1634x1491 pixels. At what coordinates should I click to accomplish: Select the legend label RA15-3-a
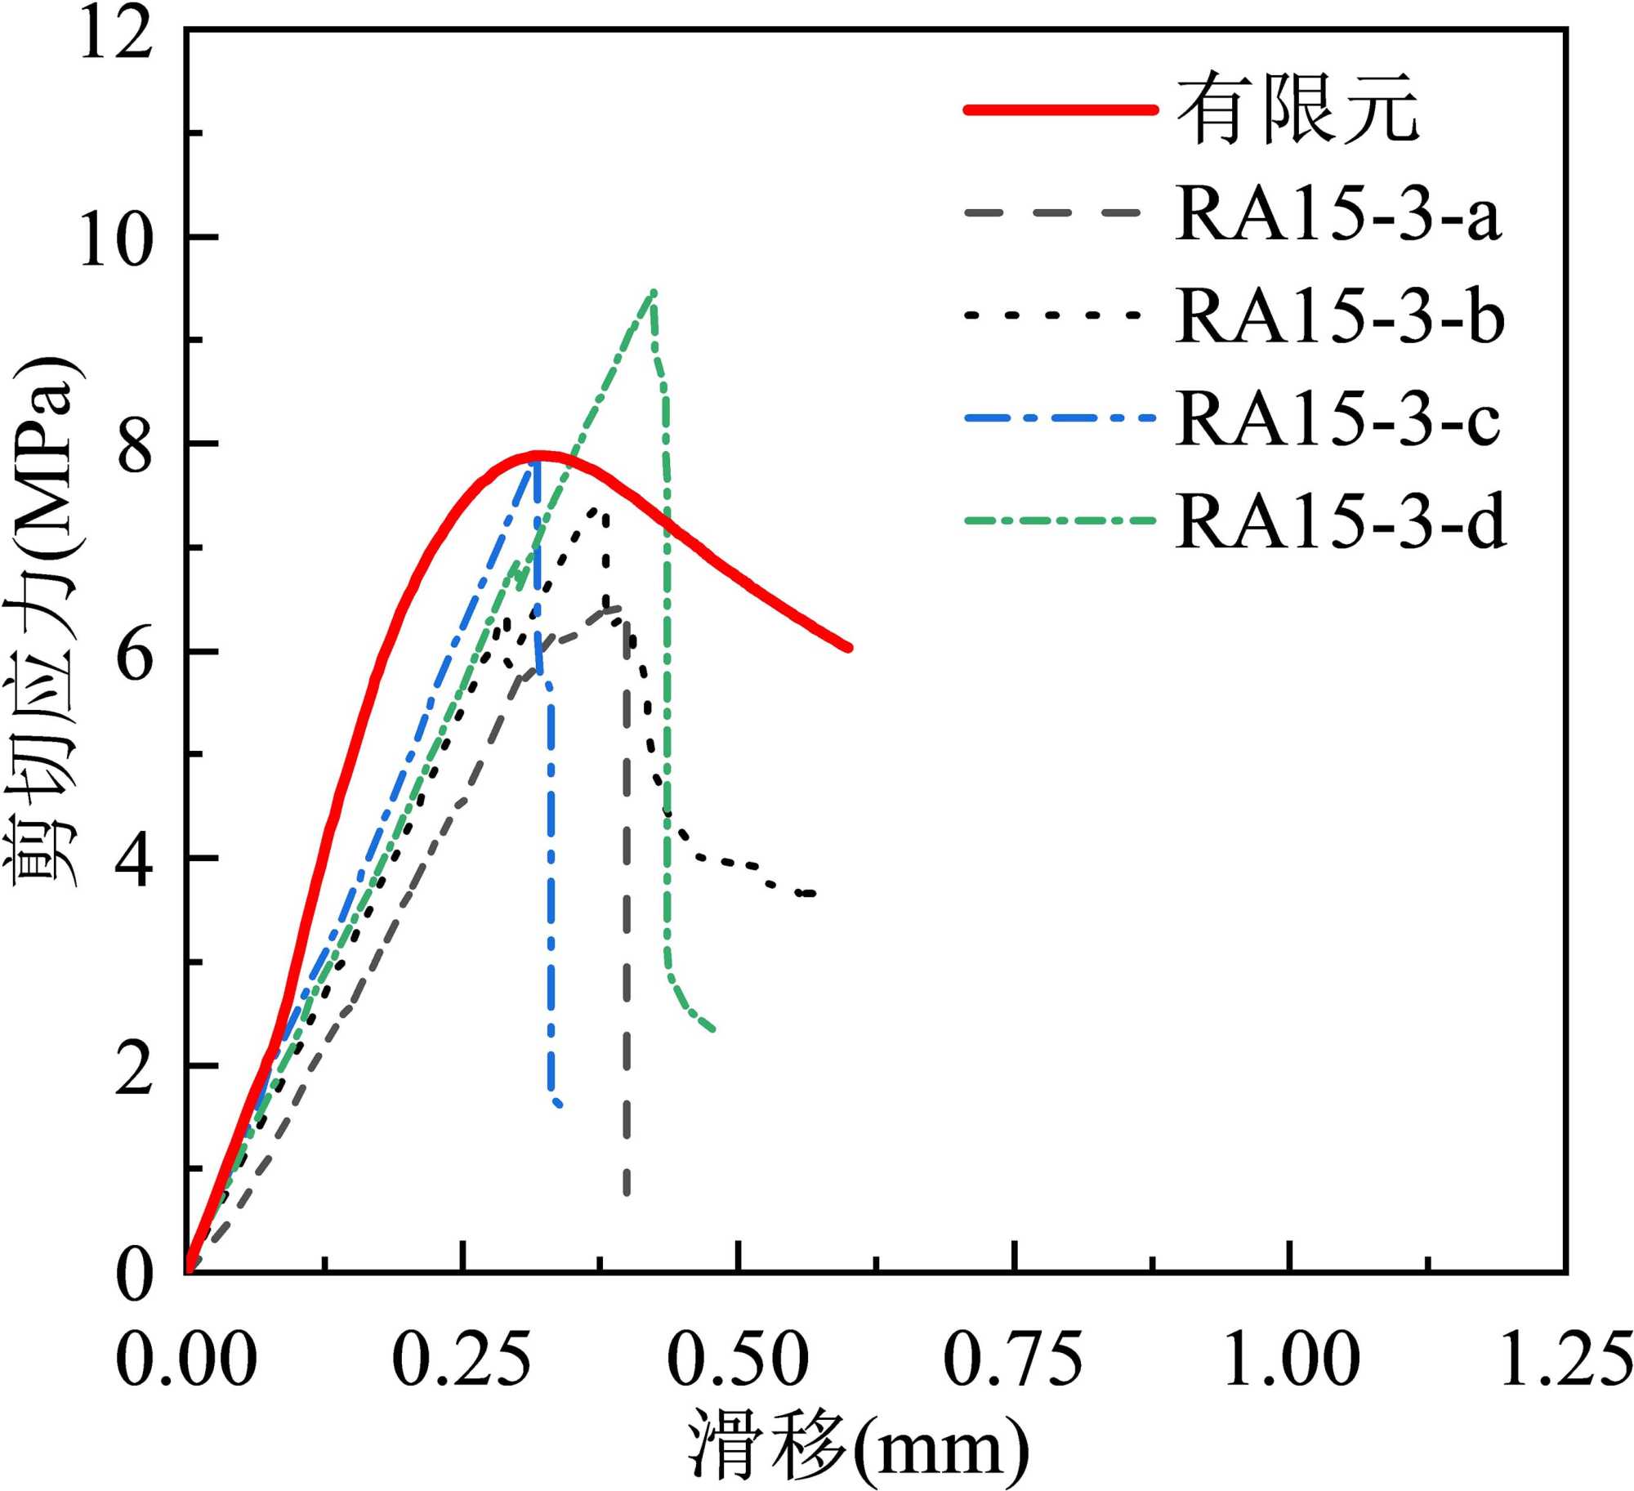[1338, 214]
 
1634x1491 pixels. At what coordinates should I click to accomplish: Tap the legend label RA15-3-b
[1340, 316]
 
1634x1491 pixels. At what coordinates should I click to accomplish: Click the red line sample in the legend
[1060, 109]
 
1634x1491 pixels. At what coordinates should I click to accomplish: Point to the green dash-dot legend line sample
[1060, 520]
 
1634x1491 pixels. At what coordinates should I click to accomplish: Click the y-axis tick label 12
[116, 37]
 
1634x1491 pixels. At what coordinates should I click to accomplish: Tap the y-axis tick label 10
[116, 242]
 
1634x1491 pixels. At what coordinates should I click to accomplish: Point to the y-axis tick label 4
[135, 863]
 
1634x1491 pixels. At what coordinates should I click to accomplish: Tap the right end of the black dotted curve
[813, 894]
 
